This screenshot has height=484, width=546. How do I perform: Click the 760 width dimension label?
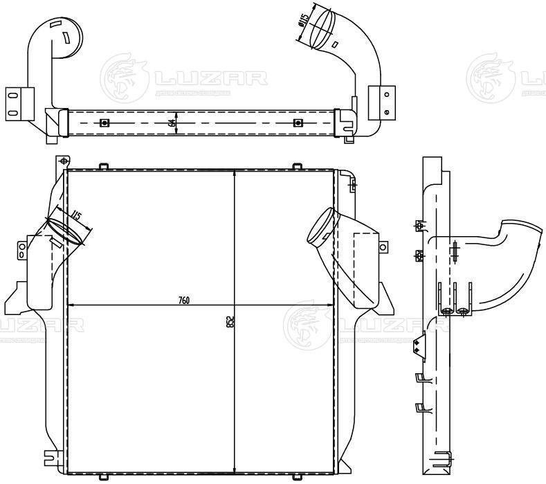[183, 300]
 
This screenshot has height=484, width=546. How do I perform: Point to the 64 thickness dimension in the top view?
[171, 123]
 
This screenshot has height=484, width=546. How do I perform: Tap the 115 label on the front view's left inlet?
[76, 217]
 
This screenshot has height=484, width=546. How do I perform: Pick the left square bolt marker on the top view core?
[104, 123]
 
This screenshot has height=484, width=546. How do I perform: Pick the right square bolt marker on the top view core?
[298, 123]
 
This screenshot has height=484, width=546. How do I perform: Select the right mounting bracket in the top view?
[382, 102]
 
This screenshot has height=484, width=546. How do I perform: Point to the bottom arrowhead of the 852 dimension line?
[235, 469]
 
